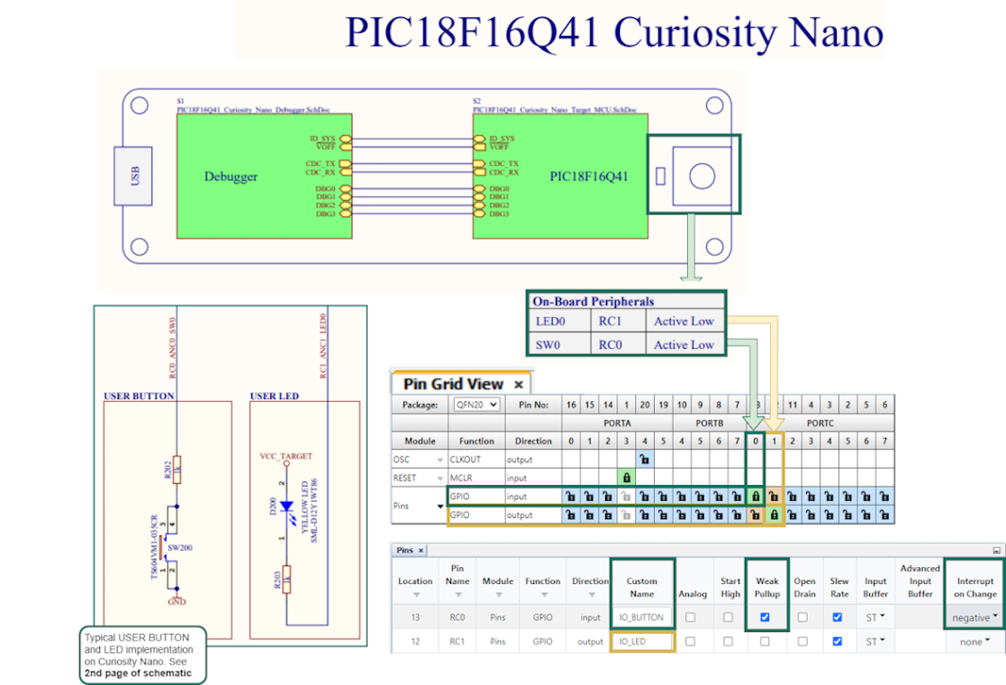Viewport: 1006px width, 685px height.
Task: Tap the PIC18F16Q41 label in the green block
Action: tap(589, 177)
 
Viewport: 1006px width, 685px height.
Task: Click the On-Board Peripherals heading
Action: tap(593, 301)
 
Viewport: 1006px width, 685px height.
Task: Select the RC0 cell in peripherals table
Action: tap(610, 344)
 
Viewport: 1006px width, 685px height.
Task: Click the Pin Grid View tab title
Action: tap(453, 384)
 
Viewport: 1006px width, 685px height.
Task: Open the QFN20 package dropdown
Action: tap(476, 405)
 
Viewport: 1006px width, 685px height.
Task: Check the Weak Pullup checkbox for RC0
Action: tap(765, 617)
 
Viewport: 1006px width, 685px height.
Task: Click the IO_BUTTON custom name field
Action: tap(641, 617)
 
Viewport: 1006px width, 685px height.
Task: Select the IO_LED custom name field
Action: tap(641, 642)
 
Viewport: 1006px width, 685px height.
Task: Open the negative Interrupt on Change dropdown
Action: tap(975, 617)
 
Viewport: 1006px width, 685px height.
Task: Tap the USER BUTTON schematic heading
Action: tap(140, 396)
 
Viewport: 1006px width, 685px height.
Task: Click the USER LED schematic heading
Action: tap(275, 396)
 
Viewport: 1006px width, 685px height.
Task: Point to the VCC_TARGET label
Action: tap(285, 457)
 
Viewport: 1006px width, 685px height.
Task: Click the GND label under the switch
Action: tap(177, 601)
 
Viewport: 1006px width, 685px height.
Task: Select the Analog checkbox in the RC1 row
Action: tap(691, 642)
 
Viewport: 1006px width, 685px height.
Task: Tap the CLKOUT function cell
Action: tap(465, 459)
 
